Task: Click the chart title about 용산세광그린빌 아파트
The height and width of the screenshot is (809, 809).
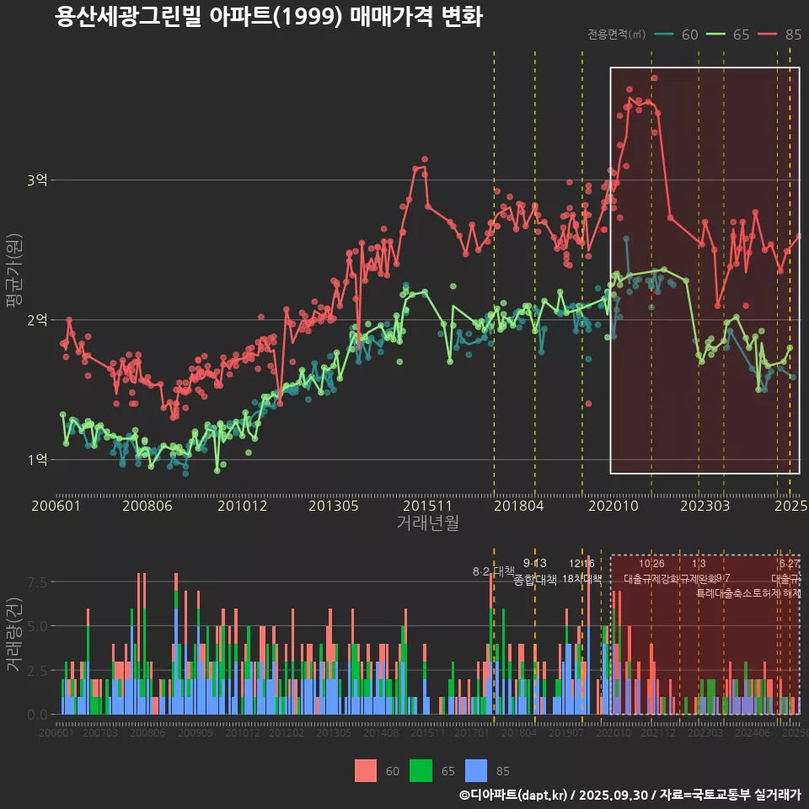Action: click(268, 17)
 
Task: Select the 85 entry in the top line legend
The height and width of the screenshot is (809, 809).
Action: click(792, 35)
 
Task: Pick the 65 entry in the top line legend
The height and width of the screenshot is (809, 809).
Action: click(741, 35)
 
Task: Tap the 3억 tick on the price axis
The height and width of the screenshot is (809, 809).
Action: click(37, 180)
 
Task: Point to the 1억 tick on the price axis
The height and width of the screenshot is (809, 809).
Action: click(37, 460)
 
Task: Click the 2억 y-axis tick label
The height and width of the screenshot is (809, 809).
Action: click(37, 320)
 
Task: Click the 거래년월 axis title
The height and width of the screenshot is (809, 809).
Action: click(427, 523)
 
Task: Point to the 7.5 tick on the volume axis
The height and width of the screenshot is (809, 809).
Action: click(38, 582)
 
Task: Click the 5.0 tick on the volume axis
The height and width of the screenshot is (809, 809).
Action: click(38, 626)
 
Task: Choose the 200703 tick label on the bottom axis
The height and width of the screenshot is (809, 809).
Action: click(100, 733)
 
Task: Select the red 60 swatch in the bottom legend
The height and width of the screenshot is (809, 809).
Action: click(366, 770)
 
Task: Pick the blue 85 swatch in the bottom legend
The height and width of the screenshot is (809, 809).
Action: click(476, 770)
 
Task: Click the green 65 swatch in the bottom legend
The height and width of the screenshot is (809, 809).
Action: click(421, 770)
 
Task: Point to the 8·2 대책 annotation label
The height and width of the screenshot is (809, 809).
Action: click(494, 571)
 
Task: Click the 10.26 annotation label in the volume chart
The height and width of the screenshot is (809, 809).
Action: click(651, 564)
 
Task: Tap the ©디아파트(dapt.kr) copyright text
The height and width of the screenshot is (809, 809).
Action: click(513, 795)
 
